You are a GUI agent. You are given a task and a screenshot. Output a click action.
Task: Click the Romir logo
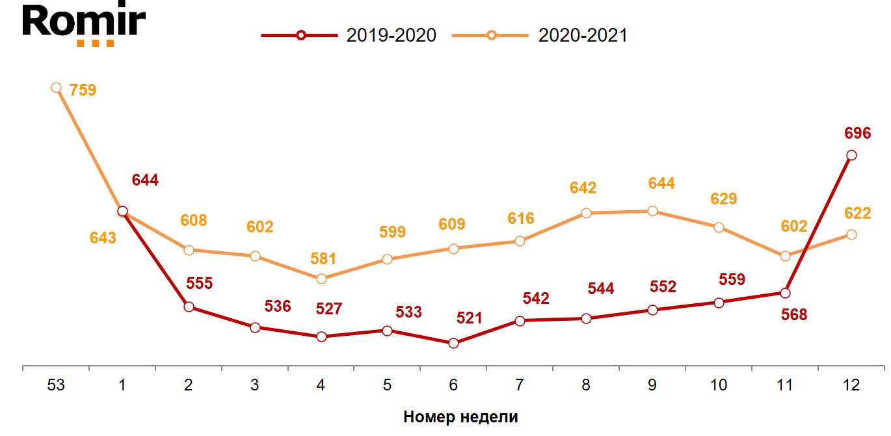84,24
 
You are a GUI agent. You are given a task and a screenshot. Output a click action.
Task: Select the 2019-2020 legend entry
349,35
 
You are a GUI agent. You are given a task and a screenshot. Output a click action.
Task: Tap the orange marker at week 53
57,88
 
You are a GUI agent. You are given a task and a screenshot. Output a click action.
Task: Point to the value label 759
83,90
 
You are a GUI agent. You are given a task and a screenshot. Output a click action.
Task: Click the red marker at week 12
851,155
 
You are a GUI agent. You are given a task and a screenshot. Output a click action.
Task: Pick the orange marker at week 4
321,279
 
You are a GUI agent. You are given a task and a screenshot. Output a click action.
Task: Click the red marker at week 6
454,343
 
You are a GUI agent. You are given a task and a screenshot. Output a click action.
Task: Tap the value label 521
469,318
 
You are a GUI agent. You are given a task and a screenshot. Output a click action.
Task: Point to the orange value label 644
661,184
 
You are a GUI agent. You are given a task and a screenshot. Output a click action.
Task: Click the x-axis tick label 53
57,385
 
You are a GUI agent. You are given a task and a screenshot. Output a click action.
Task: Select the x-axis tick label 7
520,385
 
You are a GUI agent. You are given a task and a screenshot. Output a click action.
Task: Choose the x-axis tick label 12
851,385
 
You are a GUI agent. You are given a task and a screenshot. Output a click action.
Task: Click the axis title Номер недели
460,417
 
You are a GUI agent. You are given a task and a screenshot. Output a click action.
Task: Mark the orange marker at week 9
652,211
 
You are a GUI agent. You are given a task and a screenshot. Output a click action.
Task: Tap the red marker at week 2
189,307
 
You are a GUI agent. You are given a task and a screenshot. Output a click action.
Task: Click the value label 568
793,315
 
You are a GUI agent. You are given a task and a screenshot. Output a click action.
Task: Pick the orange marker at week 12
851,234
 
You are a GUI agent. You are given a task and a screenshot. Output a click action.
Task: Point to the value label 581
323,258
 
